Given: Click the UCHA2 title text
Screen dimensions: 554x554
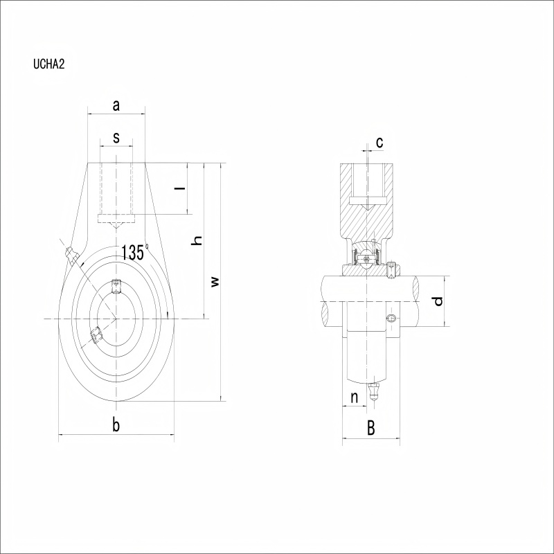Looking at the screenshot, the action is coord(49,64).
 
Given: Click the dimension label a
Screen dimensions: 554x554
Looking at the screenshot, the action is coord(116,105).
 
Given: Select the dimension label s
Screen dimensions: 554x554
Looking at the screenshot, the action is coord(116,137).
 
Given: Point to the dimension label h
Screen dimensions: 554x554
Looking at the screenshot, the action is coord(196,240).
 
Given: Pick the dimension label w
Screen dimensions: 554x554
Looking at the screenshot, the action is coord(215,282).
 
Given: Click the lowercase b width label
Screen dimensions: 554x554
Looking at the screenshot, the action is coord(116,425).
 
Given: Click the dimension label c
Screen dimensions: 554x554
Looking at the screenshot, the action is coord(379,143).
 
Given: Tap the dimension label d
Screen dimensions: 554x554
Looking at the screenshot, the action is coord(438,301).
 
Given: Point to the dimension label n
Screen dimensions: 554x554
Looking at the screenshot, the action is coord(355,397).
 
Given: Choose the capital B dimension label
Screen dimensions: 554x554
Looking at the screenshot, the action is coord(370,428).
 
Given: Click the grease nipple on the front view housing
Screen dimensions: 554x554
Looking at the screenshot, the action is coord(71,256).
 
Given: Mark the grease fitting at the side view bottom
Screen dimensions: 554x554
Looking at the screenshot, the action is coord(373,391).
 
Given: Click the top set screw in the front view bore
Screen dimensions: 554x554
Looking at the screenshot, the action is coord(116,286).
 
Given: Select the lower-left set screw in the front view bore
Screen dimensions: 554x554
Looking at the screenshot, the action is coord(96,335).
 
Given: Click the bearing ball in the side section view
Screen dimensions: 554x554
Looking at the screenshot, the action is coord(368,259).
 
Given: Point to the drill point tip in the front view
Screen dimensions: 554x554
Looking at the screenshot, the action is coord(116,229).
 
